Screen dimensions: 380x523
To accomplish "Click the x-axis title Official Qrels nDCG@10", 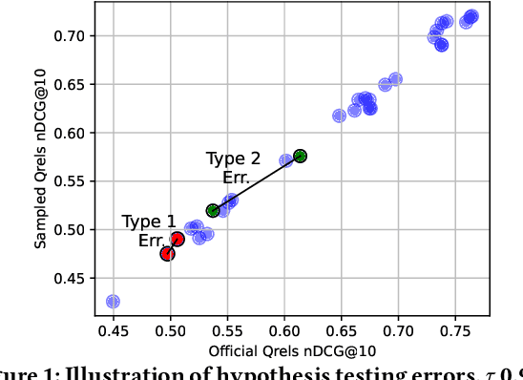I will pos(285,351).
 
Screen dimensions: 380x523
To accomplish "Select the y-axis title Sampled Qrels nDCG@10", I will pos(40,172).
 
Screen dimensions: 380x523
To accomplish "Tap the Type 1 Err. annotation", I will pos(149,231).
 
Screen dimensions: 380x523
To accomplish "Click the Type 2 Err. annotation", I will pos(234,168).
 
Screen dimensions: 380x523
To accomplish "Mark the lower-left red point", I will pos(167,254).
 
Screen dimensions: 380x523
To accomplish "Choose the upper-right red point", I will pos(178,239).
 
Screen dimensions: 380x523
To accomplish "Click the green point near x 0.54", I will pos(213,210).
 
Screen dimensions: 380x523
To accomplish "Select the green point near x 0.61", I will pos(300,156).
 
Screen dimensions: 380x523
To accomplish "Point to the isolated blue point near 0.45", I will pos(113,302).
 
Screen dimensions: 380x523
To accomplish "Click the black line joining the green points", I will pos(256,183).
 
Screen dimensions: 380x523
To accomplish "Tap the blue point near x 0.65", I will pos(339,116).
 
